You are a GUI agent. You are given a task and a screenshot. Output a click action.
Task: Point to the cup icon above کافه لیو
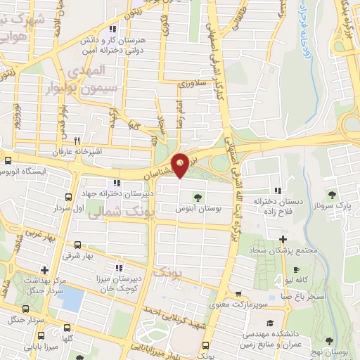[296, 269]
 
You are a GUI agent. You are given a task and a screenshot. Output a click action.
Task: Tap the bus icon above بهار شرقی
[77, 245]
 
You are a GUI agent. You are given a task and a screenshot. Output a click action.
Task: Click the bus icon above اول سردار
[68, 197]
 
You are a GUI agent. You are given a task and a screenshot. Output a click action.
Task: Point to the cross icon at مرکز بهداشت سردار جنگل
[44, 270]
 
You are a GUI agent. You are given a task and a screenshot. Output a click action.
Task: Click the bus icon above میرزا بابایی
[66, 328]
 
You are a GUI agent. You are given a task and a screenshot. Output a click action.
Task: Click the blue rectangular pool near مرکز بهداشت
[69, 300]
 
